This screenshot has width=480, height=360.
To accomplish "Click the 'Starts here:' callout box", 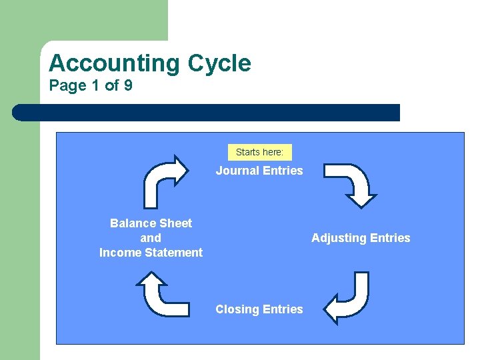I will [259, 152].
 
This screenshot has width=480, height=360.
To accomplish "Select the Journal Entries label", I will [259, 171].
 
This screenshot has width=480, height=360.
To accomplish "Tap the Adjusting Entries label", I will [361, 238].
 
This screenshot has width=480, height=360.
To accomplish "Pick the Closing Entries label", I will [259, 309].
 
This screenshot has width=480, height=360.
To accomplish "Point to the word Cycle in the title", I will [219, 63].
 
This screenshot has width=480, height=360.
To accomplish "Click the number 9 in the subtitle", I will [127, 85].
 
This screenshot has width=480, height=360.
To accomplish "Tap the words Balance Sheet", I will [151, 223].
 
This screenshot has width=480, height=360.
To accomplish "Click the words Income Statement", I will [151, 253].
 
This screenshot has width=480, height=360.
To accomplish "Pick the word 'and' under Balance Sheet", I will [151, 238].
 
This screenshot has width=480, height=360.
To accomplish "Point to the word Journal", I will [237, 171].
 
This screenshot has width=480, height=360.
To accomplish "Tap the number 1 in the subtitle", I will [96, 85].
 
